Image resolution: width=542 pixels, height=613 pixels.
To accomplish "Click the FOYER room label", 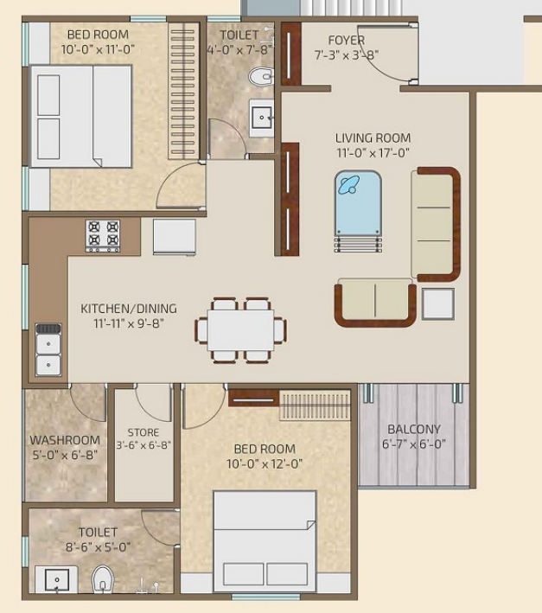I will pyautogui.click(x=346, y=41).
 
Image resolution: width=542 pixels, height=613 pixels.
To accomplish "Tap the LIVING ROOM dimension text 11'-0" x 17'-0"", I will pyautogui.click(x=373, y=153).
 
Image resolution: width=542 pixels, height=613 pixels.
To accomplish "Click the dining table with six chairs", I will pyautogui.click(x=241, y=329).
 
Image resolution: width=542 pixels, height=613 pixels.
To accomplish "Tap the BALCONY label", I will pyautogui.click(x=413, y=429).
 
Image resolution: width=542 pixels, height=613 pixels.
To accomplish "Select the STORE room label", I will pyautogui.click(x=143, y=432).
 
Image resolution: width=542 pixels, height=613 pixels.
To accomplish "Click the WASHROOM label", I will pyautogui.click(x=65, y=440).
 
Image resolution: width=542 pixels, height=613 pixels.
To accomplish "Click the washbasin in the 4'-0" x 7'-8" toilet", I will pyautogui.click(x=261, y=118).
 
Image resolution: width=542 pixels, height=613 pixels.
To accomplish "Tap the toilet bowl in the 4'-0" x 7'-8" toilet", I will pyautogui.click(x=259, y=78).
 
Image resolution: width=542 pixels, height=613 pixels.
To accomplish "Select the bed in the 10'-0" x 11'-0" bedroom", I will pyautogui.click(x=81, y=116).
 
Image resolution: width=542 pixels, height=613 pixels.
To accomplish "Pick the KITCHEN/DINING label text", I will pyautogui.click(x=129, y=309).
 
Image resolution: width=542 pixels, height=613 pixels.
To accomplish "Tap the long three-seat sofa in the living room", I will pyautogui.click(x=436, y=224).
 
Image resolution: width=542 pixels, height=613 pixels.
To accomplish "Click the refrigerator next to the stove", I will pyautogui.click(x=174, y=236).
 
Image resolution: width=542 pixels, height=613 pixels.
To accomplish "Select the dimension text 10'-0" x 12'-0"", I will pyautogui.click(x=265, y=463).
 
